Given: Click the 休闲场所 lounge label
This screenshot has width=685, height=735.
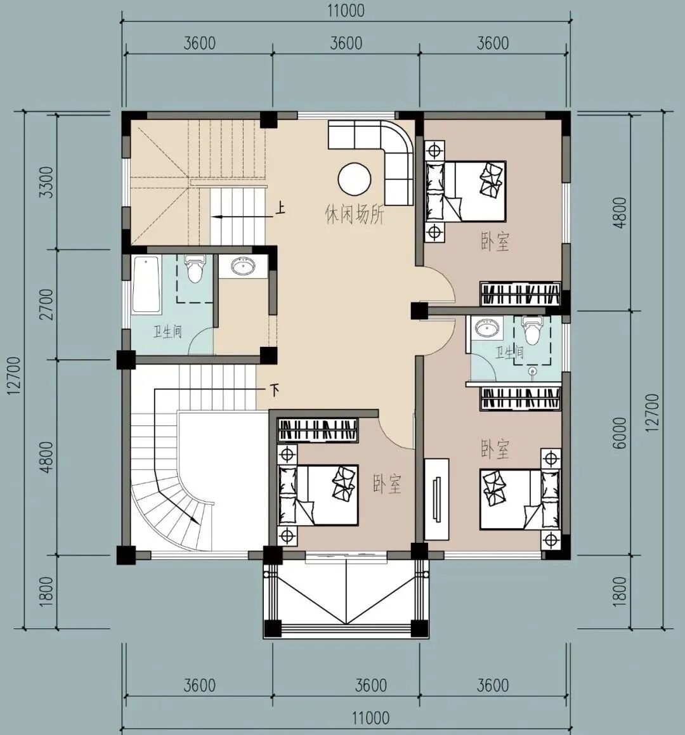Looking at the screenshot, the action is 355,215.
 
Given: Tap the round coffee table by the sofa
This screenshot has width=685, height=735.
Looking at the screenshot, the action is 355,178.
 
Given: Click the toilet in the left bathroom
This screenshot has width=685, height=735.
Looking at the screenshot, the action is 195,268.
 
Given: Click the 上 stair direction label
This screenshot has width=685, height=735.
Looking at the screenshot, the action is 280,207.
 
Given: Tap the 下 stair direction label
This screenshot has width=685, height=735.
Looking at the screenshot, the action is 275,389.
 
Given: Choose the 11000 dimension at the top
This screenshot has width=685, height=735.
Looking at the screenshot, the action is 346,11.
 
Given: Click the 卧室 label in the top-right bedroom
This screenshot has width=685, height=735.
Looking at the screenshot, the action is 495,241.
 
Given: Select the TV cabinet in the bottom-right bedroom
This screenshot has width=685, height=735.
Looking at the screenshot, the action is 436,498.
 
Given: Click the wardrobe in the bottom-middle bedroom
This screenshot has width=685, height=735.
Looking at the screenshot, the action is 318,430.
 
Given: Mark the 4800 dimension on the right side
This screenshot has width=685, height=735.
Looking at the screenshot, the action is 620,212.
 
